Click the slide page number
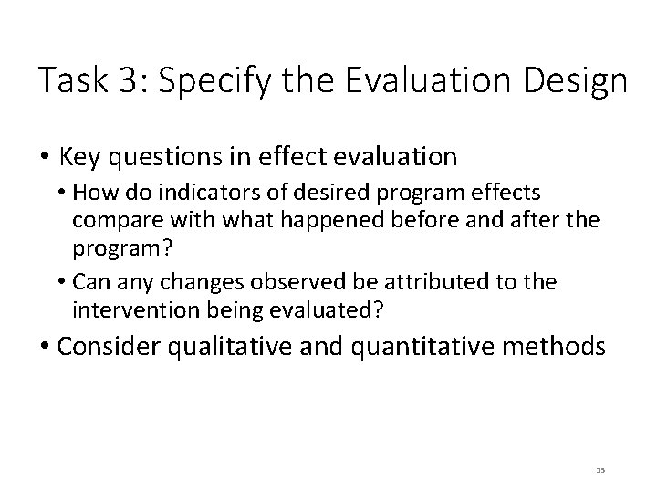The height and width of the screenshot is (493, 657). pyautogui.click(x=600, y=469)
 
